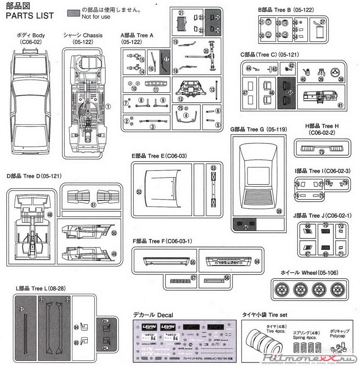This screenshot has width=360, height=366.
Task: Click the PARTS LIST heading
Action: click(30, 15)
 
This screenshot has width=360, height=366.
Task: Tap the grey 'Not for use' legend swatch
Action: click(74, 13)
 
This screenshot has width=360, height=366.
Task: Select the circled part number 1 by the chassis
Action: click(108, 106)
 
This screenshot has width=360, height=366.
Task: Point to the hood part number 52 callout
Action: click(139, 191)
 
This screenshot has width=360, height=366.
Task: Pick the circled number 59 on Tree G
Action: click(279, 211)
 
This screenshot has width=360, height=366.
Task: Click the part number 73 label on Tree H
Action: click(322, 152)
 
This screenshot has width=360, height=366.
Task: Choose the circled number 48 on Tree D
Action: click(50, 215)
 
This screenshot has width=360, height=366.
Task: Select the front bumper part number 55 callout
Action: click(193, 262)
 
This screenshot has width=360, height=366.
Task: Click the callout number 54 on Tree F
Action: click(257, 261)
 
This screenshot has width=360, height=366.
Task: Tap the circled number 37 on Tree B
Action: click(322, 22)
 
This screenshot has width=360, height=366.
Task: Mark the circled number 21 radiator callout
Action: click(181, 13)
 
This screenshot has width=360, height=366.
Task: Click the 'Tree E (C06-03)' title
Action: click(159, 156)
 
